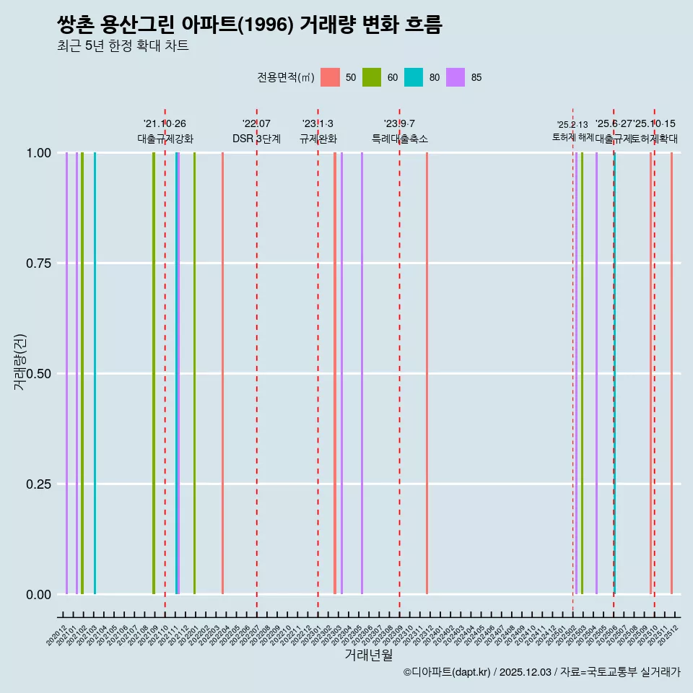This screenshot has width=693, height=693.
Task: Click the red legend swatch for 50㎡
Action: (330, 77)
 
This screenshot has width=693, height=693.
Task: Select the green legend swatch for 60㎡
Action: (372, 77)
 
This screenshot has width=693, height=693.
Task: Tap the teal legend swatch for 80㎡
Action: (414, 77)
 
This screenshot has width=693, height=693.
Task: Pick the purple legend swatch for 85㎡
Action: (456, 77)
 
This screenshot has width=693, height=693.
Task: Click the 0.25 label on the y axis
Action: (38, 484)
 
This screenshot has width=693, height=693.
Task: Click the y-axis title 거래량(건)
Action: (20, 362)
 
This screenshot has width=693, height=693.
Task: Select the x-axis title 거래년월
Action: (368, 655)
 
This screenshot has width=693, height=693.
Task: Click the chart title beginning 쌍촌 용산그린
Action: (249, 25)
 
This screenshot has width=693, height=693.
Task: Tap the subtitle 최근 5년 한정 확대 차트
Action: (123, 46)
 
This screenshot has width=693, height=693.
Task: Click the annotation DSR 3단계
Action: (256, 139)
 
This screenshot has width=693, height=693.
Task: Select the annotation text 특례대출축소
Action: (400, 139)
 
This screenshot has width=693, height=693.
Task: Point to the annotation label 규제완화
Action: (318, 139)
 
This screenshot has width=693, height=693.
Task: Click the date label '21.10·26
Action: (165, 124)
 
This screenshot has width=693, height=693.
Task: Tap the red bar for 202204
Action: (222, 373)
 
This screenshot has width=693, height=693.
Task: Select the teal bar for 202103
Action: (95, 373)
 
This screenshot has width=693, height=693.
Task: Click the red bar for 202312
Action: (427, 373)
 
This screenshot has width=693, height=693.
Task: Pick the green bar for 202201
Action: (194, 373)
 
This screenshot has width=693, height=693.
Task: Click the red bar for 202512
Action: (671, 373)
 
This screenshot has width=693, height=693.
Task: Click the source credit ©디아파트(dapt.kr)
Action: (447, 672)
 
